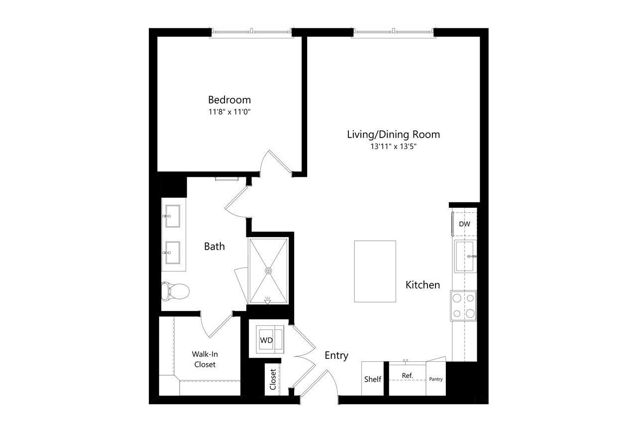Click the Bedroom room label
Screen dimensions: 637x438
[229, 100]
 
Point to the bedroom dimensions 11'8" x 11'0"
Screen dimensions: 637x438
[229, 112]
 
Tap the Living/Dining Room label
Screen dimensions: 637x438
[393, 135]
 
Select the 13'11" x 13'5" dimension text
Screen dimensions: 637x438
[393, 146]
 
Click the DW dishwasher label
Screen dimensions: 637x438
[464, 224]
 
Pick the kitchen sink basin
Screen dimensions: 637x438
[465, 256]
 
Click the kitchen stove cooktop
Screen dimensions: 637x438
[463, 306]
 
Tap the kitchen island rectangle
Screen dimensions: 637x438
[375, 271]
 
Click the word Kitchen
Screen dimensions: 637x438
[423, 285]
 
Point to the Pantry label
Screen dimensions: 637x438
[435, 379]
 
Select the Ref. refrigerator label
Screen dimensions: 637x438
[407, 376]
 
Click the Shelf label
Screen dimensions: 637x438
[373, 379]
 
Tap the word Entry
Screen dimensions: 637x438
[336, 355]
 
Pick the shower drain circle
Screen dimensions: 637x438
[268, 271]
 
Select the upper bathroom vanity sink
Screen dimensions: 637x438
[173, 216]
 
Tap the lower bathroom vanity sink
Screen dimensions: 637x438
[173, 253]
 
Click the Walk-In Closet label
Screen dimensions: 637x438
[205, 359]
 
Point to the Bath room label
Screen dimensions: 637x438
[214, 246]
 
